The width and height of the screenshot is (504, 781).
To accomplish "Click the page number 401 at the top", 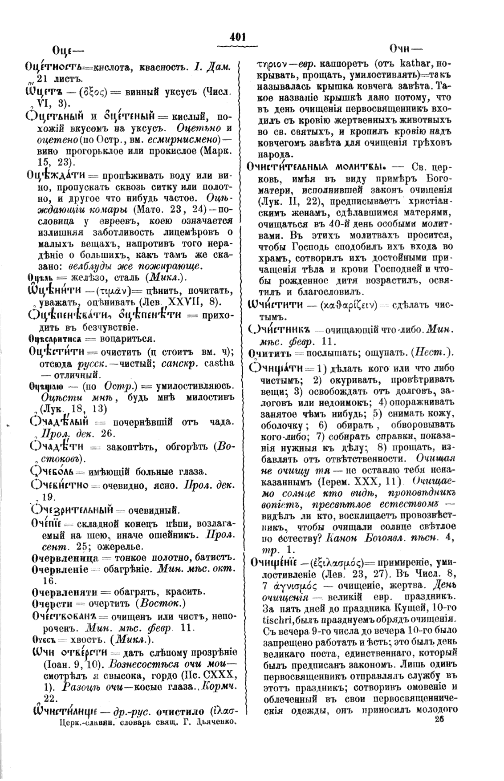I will pos(238,38).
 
